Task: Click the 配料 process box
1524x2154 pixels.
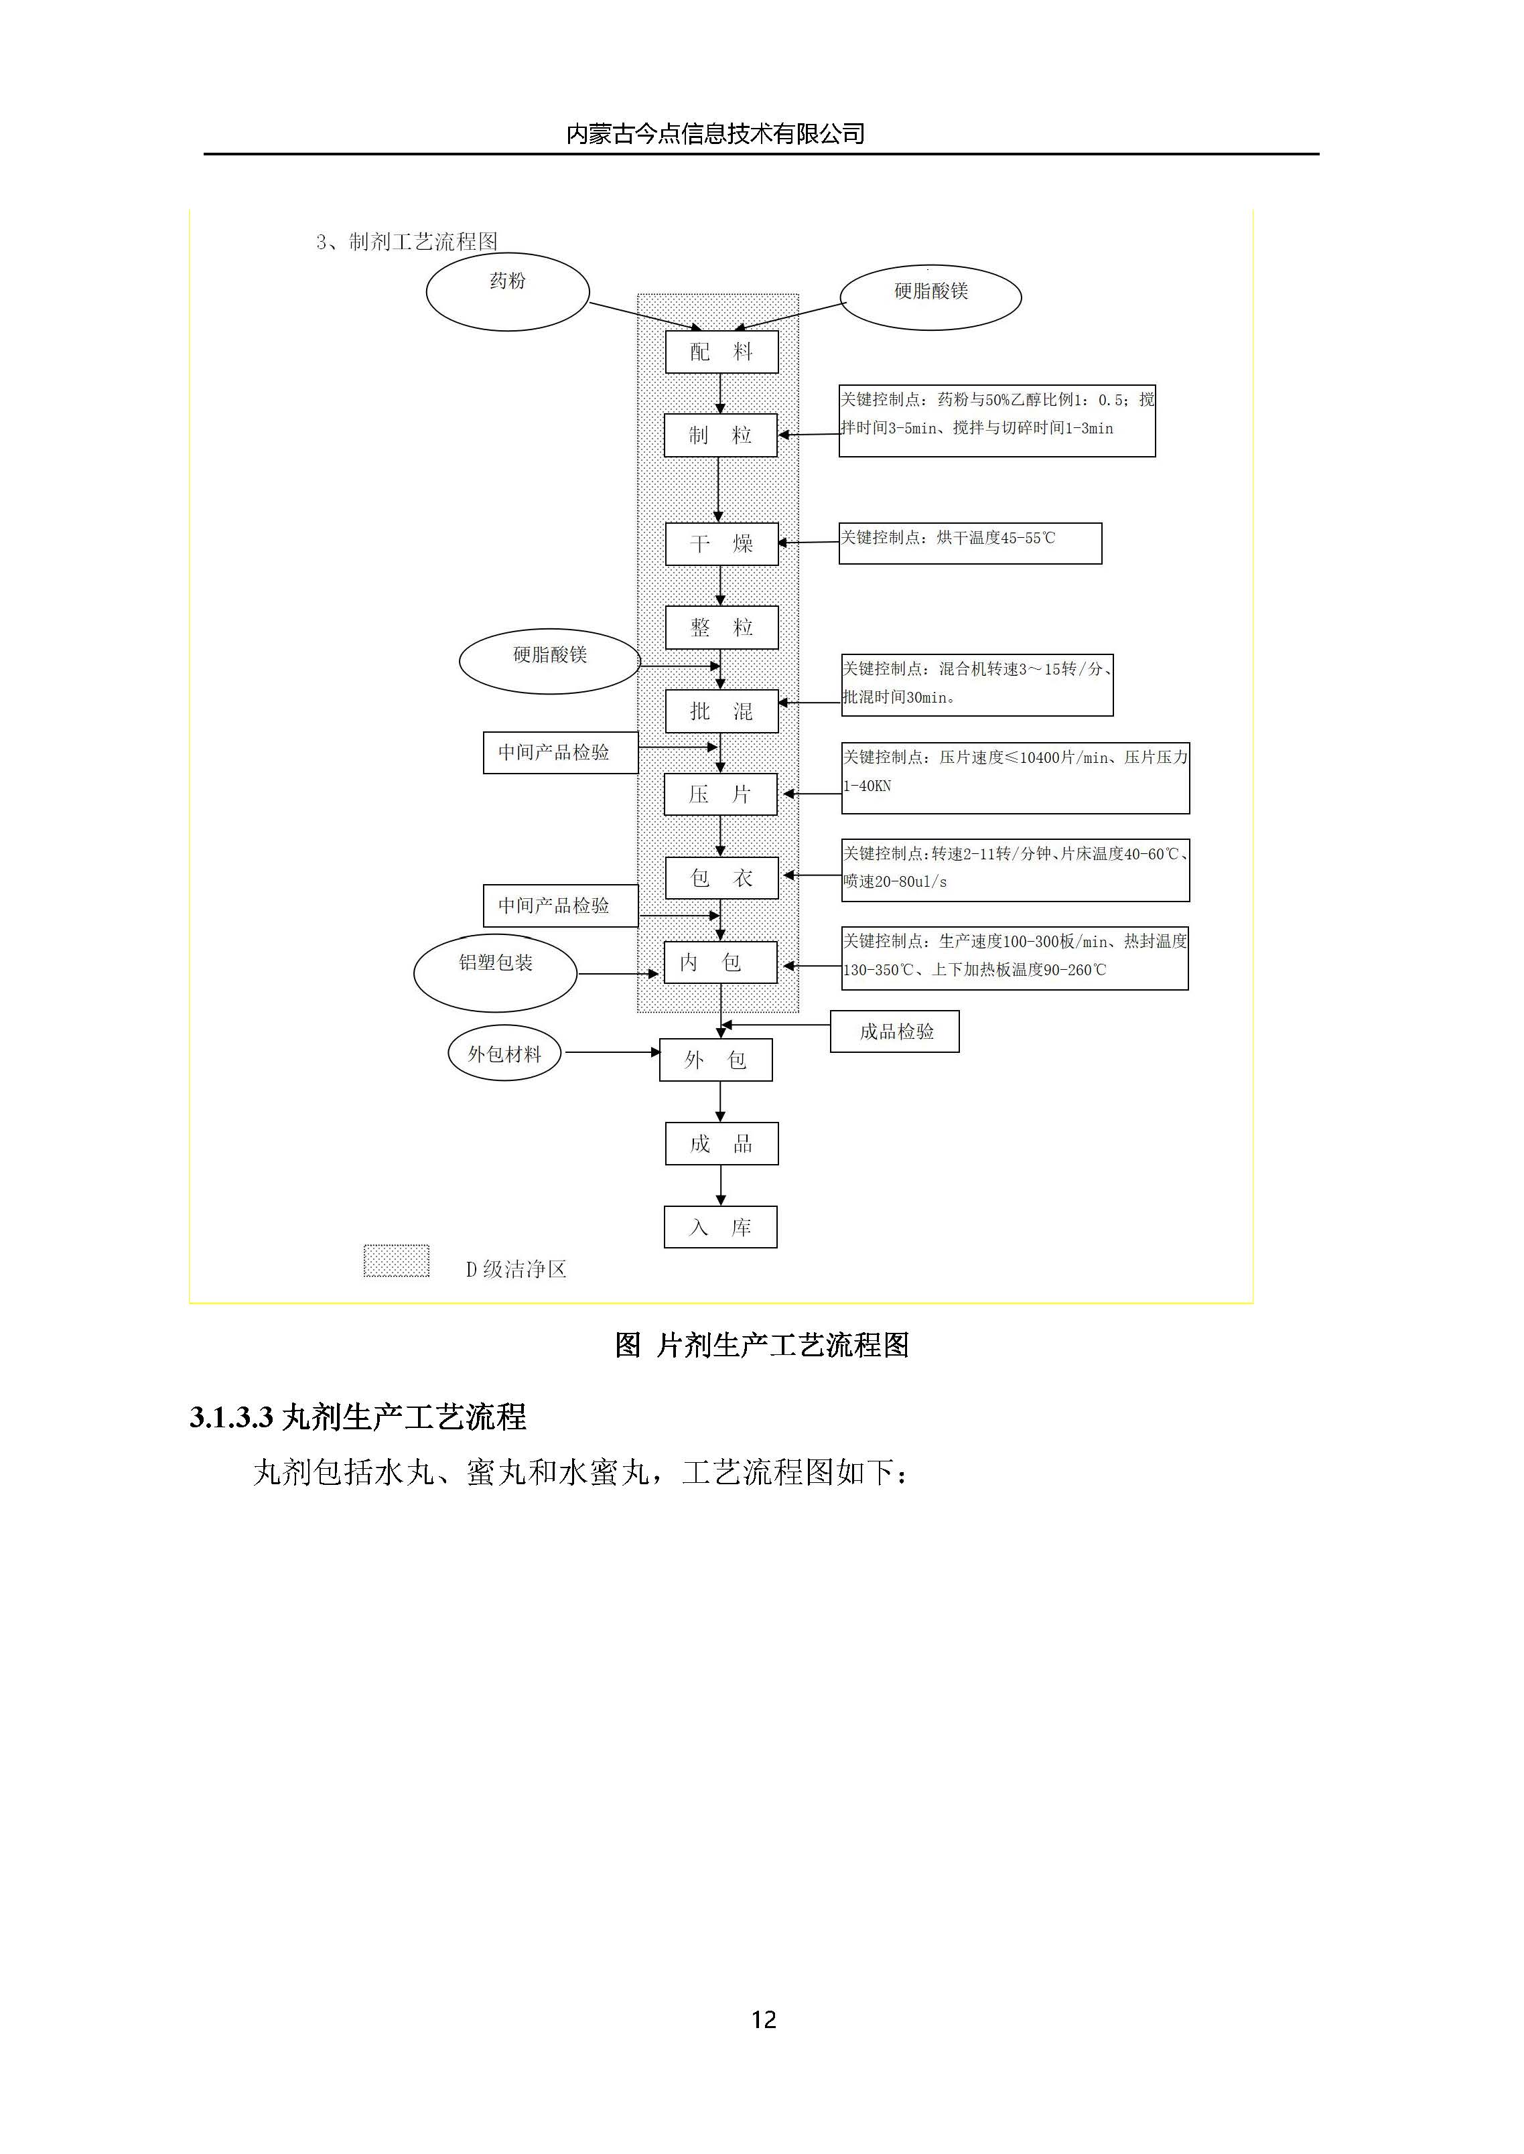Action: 721,352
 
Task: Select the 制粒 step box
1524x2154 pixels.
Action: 721,435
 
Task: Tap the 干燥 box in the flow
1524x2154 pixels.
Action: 721,544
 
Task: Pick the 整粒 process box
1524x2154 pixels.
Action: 721,628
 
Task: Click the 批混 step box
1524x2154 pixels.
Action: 721,711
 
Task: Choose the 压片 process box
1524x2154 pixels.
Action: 721,794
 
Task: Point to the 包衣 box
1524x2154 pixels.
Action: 721,878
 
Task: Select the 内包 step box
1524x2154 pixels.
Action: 721,962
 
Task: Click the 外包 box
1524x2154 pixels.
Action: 716,1060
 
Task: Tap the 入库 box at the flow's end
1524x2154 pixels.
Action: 721,1227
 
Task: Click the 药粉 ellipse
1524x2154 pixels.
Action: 508,292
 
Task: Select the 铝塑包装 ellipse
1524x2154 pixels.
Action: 496,973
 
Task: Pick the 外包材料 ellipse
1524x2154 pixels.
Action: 505,1054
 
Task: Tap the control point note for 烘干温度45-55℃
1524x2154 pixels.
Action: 969,543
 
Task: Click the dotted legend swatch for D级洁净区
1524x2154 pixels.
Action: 396,1261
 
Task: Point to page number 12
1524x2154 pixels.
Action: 763,2020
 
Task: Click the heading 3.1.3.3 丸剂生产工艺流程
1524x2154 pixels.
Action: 358,1417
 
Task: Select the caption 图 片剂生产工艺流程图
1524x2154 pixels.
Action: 761,1346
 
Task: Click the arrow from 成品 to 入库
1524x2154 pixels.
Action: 721,1186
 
